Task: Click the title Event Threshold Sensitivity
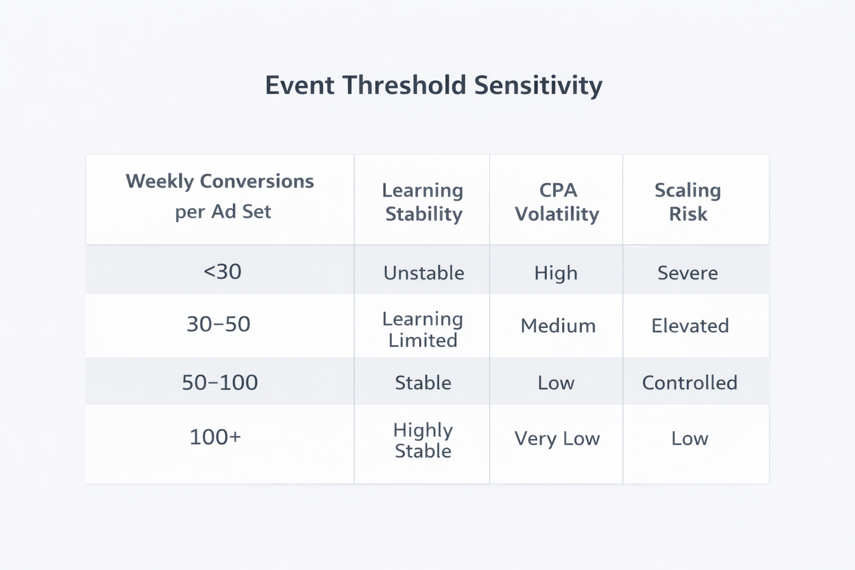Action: pyautogui.click(x=433, y=86)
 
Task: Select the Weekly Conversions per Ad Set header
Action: pyautogui.click(x=220, y=196)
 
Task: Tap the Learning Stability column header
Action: pyautogui.click(x=423, y=202)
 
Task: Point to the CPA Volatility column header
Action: pyautogui.click(x=557, y=202)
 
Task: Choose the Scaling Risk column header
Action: pyautogui.click(x=688, y=202)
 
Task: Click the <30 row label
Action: pyautogui.click(x=222, y=272)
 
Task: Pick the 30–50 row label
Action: pyautogui.click(x=218, y=324)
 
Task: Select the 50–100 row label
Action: pyautogui.click(x=220, y=382)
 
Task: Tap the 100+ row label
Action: pyautogui.click(x=215, y=437)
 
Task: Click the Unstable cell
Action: pyautogui.click(x=424, y=273)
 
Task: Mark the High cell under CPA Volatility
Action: pyautogui.click(x=556, y=273)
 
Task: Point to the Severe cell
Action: pyautogui.click(x=687, y=273)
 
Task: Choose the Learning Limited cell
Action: pyautogui.click(x=423, y=330)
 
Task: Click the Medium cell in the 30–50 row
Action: pyautogui.click(x=558, y=326)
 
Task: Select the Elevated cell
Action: pyautogui.click(x=690, y=326)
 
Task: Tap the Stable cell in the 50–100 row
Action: pyautogui.click(x=423, y=383)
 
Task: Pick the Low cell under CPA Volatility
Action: pyautogui.click(x=556, y=383)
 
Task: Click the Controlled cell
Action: pyautogui.click(x=690, y=383)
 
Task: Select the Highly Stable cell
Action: pyautogui.click(x=423, y=440)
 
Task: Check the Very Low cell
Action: pyautogui.click(x=557, y=439)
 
